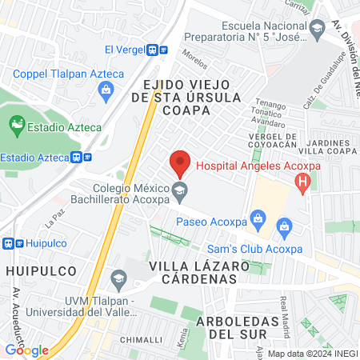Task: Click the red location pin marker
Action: (180, 163)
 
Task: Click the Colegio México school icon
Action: (180, 190)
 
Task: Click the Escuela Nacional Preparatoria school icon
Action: (317, 30)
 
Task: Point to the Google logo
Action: (26, 350)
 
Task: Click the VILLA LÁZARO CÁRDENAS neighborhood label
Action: (194, 272)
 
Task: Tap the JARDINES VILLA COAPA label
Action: (329, 144)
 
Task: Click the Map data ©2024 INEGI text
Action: (313, 354)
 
